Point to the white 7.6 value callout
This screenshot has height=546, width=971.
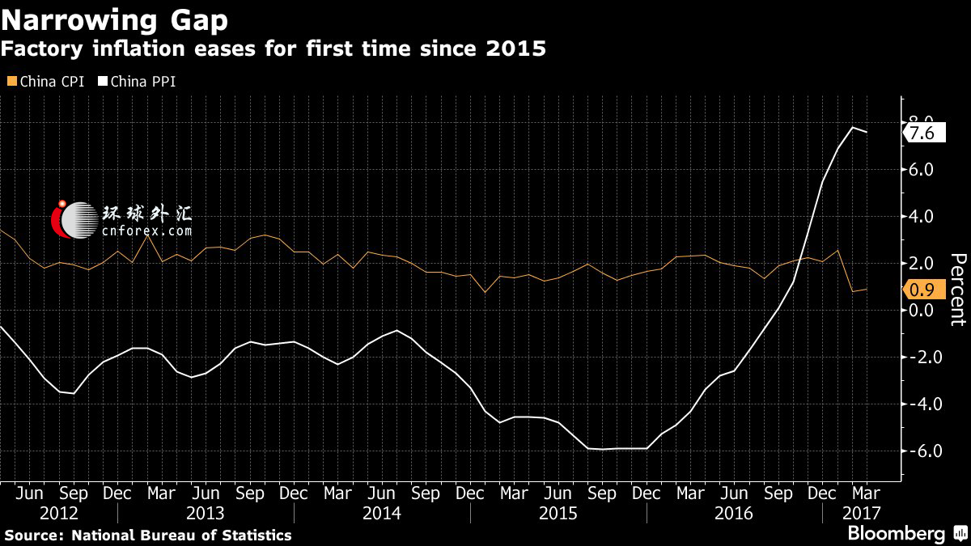point(922,133)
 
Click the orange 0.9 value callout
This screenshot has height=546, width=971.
point(922,289)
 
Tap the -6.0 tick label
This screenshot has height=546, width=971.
point(922,451)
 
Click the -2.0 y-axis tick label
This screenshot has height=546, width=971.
point(922,358)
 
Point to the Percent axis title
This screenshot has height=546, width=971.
point(957,289)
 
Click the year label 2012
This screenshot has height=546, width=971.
point(58,513)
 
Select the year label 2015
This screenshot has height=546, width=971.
point(558,513)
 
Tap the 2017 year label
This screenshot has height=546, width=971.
point(860,513)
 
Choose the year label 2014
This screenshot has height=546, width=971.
point(382,513)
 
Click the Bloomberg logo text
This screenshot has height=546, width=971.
point(896,533)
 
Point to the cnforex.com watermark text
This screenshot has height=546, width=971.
point(147,231)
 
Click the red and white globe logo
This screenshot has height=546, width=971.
point(73,220)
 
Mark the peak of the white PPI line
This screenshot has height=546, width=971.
point(852,127)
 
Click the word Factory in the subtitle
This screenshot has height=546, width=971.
point(41,49)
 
